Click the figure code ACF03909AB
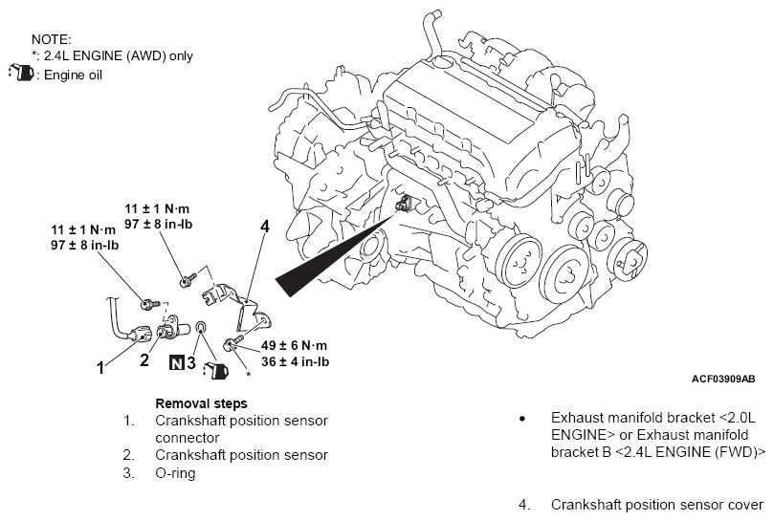723,379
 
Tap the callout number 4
265,227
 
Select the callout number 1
100,368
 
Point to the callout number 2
144,360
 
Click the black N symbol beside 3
177,362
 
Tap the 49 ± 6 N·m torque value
295,345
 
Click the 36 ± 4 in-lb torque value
296,361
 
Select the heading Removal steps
202,403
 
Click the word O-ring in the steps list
175,473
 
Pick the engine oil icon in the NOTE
21,73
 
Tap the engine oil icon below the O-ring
215,370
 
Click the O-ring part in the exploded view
202,327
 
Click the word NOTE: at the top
52,39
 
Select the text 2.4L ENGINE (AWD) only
119,56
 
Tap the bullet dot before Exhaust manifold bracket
522,419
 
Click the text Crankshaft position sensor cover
657,505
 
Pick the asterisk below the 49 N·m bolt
249,375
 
